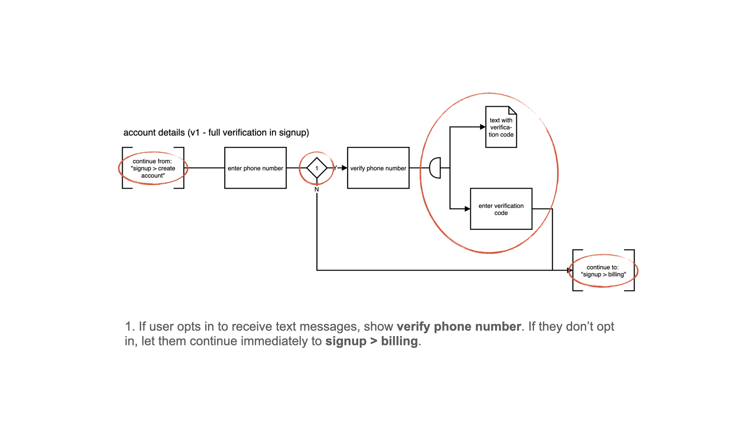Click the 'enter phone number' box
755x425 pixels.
click(x=255, y=168)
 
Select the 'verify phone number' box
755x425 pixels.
click(x=378, y=168)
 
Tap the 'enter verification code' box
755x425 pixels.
click(x=501, y=209)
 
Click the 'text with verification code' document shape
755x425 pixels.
click(x=501, y=128)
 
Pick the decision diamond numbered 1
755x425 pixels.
click(x=317, y=168)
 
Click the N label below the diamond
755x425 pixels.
click(x=317, y=189)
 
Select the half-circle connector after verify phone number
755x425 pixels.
click(x=435, y=168)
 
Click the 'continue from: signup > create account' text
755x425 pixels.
click(x=153, y=168)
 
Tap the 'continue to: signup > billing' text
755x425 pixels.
click(x=603, y=271)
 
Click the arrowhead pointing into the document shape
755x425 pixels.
click(x=483, y=127)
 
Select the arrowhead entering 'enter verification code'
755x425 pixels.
click(x=468, y=209)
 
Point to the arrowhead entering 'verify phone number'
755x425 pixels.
click(x=344, y=168)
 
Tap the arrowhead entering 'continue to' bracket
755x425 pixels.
click(x=570, y=270)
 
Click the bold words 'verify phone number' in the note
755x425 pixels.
click(x=459, y=327)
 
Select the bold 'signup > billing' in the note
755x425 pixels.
click(x=371, y=341)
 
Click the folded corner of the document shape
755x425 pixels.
click(x=513, y=110)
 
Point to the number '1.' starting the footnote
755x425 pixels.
click(x=130, y=327)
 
